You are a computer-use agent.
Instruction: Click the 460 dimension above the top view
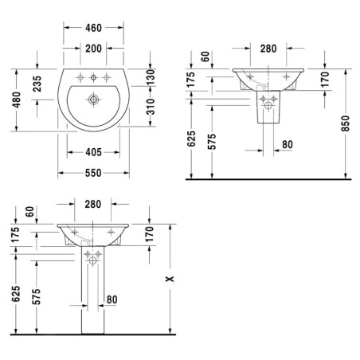tap(93, 28)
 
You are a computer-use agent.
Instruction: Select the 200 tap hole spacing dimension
tap(93, 49)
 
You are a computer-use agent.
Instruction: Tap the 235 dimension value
tap(37, 84)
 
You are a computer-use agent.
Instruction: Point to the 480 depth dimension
tap(17, 100)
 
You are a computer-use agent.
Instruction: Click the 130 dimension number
tap(151, 77)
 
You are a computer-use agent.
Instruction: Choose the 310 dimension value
tap(151, 107)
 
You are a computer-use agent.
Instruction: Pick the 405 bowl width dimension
tap(93, 152)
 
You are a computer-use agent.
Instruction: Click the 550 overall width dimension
tap(93, 173)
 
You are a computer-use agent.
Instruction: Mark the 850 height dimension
tap(346, 123)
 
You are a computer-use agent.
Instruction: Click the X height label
tap(170, 279)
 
